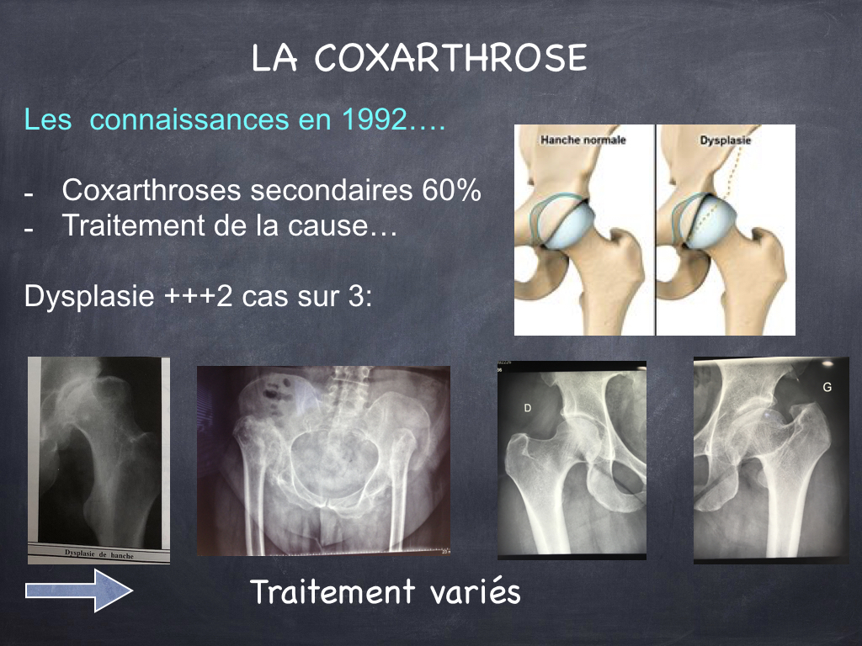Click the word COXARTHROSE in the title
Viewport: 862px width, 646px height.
(451, 58)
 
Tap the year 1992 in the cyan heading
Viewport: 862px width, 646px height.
(375, 119)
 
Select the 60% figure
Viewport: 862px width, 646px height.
(451, 190)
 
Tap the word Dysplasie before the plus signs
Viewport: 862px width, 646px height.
(89, 297)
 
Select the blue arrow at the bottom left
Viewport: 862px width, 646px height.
(79, 590)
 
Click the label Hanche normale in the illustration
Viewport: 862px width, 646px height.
(583, 140)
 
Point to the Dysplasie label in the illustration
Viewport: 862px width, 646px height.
(725, 140)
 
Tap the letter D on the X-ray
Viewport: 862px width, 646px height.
(528, 408)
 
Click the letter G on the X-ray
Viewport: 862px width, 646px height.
(827, 387)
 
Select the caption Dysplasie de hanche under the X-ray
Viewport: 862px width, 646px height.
(99, 554)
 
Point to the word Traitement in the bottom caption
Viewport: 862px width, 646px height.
(333, 591)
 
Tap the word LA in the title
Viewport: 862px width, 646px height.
(274, 58)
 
